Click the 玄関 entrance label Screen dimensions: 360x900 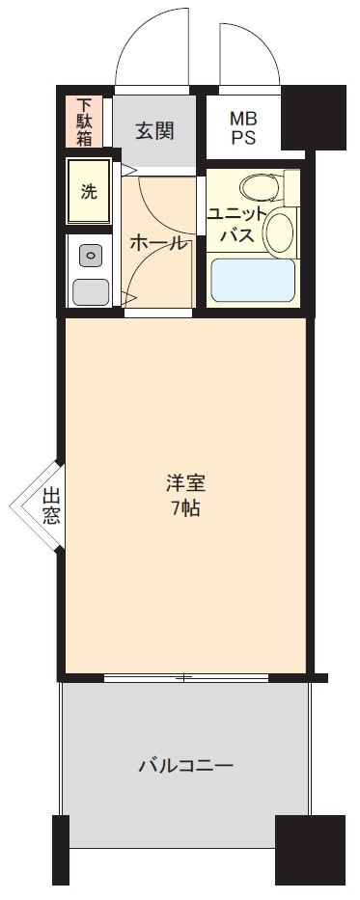154,131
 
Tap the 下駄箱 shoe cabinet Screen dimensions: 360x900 84,122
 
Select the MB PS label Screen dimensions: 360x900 244,128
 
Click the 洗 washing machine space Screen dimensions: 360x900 89,191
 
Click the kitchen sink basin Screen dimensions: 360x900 90,291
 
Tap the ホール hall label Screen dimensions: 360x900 159,243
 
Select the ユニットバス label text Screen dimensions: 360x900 237,225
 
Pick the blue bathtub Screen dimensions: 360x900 253,280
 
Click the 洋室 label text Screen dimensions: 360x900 185,484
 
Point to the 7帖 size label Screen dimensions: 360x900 186,508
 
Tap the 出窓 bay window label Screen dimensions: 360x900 50,505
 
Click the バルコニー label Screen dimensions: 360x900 185,766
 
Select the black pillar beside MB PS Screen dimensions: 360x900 313,117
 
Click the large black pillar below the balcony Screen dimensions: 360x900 310,849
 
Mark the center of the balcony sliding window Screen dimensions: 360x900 186,678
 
